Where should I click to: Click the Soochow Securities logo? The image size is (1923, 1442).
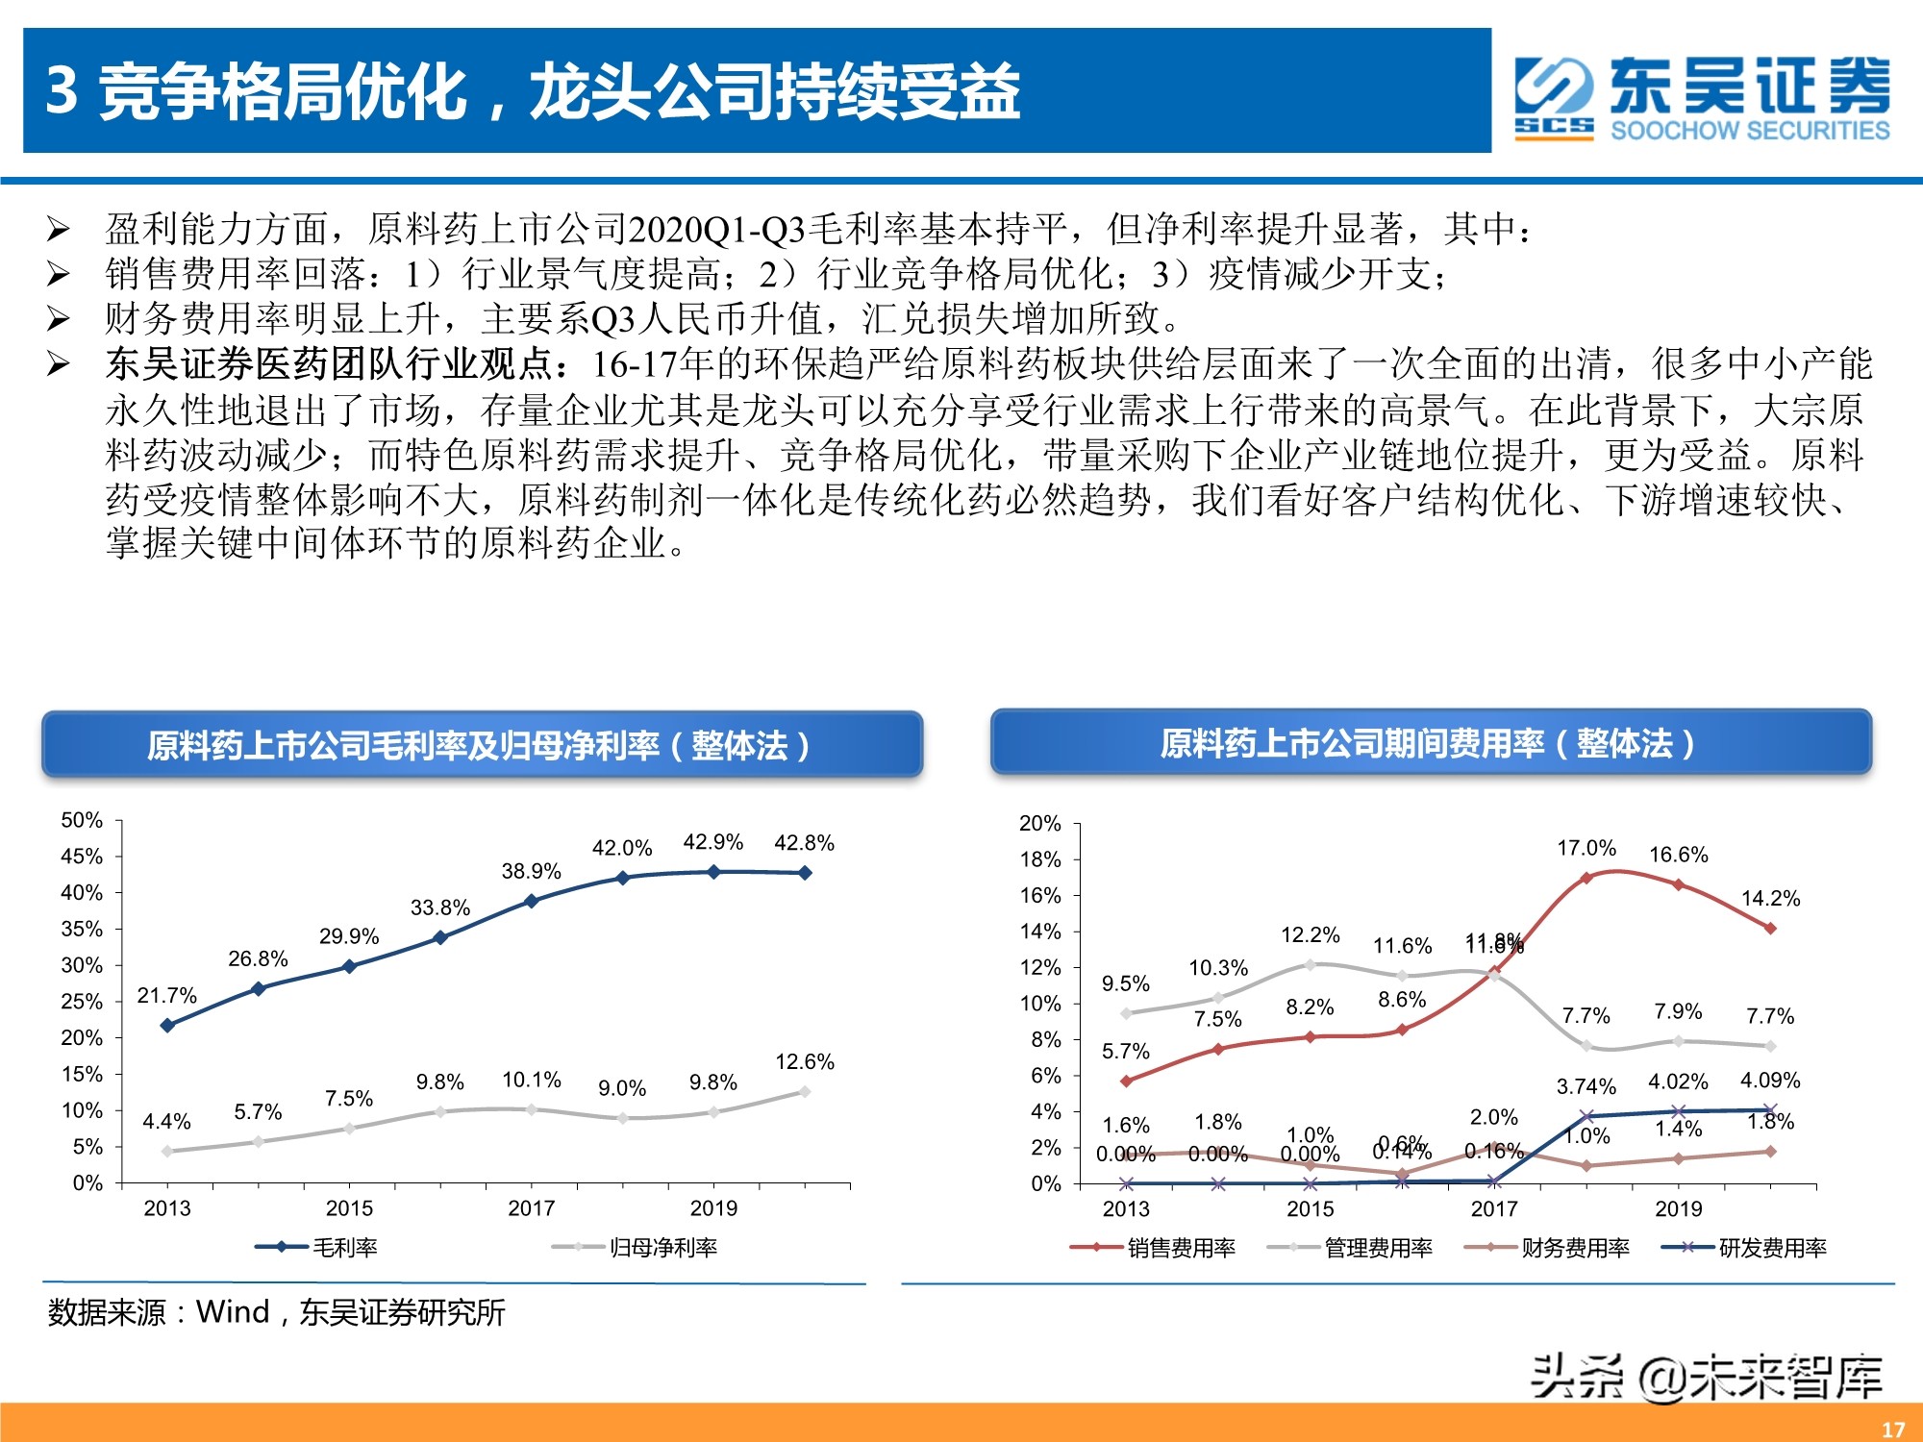coord(1702,97)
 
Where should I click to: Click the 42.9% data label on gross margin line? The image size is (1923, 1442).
coord(712,842)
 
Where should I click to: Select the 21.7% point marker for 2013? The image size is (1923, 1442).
coord(167,1025)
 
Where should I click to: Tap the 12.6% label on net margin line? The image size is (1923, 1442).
coord(804,1062)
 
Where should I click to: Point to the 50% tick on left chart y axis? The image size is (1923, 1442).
coord(82,820)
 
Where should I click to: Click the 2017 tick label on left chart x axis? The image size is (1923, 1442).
coord(531,1208)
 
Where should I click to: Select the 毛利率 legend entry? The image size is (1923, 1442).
coord(317,1248)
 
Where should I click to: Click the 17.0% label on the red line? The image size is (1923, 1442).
coord(1586,848)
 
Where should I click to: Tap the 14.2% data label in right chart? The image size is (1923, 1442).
coord(1770,899)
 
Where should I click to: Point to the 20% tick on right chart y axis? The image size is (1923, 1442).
coord(1039,824)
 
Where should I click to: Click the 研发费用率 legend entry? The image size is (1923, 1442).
coord(1745,1248)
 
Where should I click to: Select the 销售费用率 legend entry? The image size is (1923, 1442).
coord(1154,1248)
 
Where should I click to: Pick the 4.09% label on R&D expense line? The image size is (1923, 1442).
coord(1770,1081)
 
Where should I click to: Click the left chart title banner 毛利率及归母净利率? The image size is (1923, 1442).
coord(481,745)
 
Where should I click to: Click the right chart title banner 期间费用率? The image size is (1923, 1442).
coord(1430,743)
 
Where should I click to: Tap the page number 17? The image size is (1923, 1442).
coord(1892,1430)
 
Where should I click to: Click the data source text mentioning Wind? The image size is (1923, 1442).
coord(277,1312)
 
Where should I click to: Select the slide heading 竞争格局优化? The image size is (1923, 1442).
coord(534,91)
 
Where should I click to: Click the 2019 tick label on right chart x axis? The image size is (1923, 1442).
coord(1678,1209)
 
